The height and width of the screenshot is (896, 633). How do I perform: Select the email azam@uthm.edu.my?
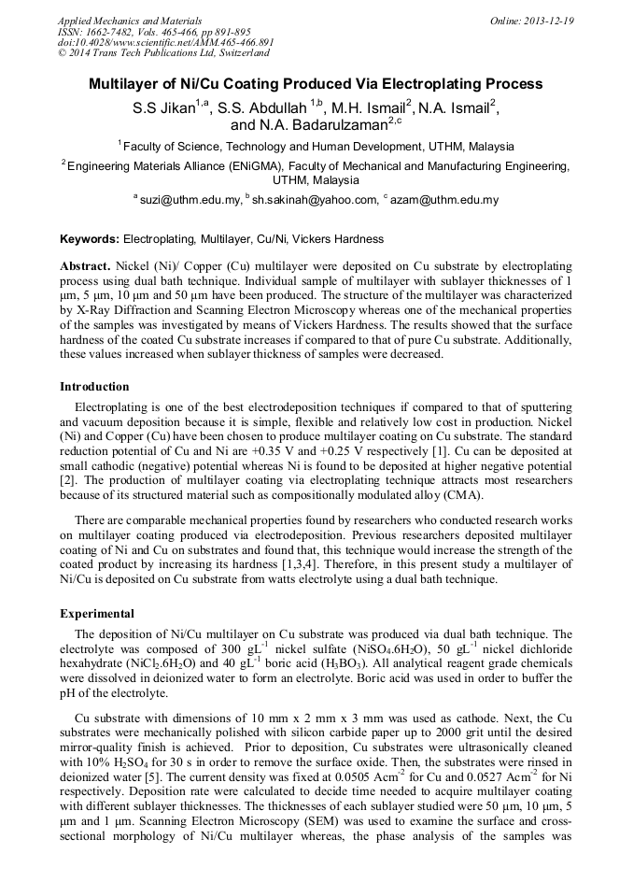[x=444, y=200]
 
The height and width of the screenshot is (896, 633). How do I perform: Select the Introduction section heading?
[x=94, y=387]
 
